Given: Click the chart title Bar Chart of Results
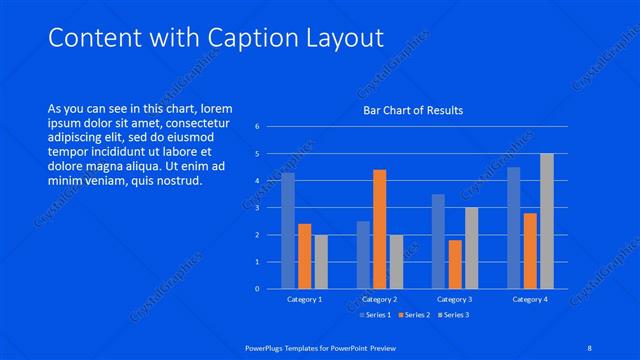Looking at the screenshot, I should coord(413,110).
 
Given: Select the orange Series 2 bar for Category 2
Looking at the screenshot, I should coord(380,229).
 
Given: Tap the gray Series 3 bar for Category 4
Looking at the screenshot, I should coord(546,221).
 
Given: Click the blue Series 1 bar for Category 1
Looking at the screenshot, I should coord(288,231).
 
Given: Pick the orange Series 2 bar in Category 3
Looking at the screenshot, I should coord(455,264).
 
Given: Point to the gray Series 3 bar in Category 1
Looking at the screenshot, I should coord(320,262).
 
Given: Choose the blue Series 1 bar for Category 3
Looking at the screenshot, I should coord(438,241).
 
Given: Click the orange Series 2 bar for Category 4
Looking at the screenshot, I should coord(530,251).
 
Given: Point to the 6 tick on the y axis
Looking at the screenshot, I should coord(257,127).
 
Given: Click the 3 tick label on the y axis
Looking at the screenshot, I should coord(257,208).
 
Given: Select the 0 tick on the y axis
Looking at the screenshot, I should coord(257,289).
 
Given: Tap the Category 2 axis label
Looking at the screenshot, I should coord(380,299).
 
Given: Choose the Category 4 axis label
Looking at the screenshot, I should coord(530,299).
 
